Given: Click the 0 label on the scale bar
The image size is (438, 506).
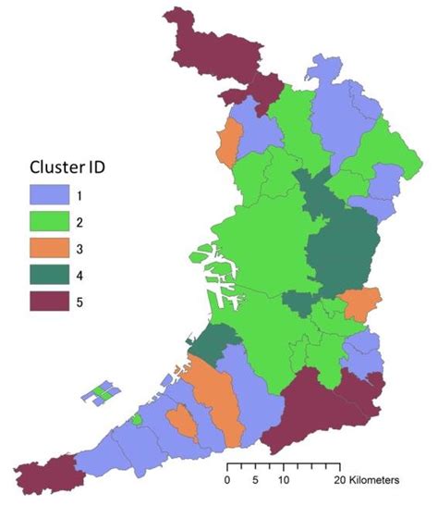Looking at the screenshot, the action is pos(227,481).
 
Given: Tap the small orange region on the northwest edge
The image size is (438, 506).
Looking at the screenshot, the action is pos(225,139).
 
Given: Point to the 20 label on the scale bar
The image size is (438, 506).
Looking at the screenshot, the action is pos(339,481).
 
